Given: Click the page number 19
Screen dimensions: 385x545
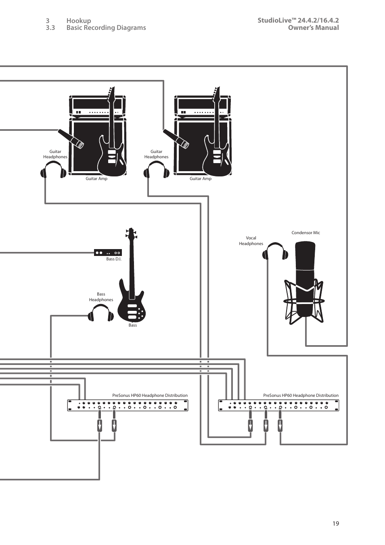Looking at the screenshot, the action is [x=336, y=523].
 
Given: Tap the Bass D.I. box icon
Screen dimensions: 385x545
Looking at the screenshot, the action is [x=108, y=253].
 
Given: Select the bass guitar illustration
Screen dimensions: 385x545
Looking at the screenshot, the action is [x=131, y=275].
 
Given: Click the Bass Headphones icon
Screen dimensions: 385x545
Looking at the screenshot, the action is [x=100, y=313].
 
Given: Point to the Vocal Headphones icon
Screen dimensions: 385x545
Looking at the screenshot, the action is [x=275, y=252].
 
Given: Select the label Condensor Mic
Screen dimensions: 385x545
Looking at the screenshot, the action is [x=306, y=233].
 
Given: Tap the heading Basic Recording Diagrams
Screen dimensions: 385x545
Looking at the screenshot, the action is [x=106, y=27].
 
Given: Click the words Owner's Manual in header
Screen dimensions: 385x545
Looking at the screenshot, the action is [x=313, y=27].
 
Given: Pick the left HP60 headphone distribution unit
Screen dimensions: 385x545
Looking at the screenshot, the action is [x=128, y=405].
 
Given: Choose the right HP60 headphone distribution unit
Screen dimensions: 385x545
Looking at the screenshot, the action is [x=278, y=405].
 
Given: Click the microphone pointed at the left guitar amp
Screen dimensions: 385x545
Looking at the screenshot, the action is [x=71, y=139].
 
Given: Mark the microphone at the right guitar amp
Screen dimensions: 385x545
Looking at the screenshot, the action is [x=176, y=139].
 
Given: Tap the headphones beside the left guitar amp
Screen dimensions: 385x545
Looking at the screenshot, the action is [x=53, y=170].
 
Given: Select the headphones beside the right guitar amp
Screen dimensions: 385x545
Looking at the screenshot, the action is [x=157, y=170].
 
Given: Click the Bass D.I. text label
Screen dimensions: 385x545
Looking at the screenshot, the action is [x=113, y=259].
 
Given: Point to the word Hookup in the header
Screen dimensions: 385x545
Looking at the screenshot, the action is [x=79, y=21].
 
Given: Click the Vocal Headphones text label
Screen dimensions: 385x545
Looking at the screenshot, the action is [x=251, y=241].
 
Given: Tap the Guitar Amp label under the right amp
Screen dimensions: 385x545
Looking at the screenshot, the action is [x=201, y=178].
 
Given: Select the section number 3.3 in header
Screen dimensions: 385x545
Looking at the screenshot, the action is [x=50, y=27].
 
